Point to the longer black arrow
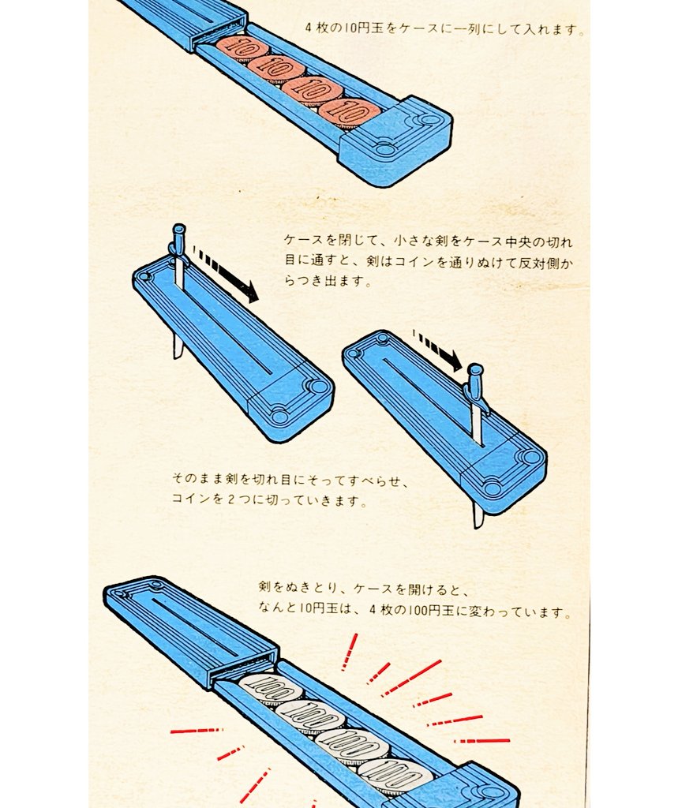(225, 274)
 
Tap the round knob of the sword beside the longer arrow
(178, 228)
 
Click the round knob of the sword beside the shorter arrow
(475, 369)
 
